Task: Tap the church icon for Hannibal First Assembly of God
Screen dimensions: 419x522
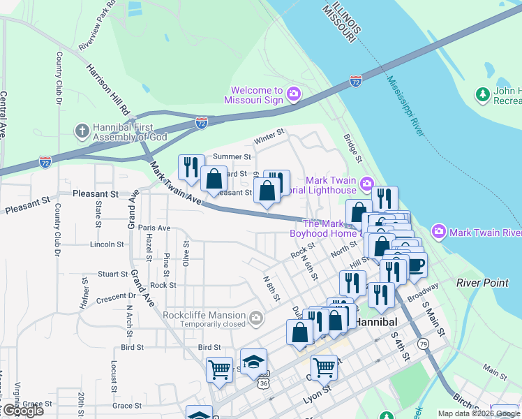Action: [x=82, y=131]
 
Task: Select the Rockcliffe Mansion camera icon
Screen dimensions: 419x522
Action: [x=256, y=318]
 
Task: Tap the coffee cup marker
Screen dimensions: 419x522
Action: [x=417, y=266]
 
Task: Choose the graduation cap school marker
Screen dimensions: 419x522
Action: [x=254, y=362]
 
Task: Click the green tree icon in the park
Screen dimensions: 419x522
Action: [x=482, y=94]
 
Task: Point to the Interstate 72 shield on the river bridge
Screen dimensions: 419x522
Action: [x=356, y=82]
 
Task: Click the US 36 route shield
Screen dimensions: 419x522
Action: [x=262, y=383]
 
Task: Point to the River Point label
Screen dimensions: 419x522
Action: [x=479, y=283]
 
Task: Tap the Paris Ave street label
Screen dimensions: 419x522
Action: [x=154, y=228]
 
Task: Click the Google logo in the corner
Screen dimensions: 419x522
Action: [x=22, y=411]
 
